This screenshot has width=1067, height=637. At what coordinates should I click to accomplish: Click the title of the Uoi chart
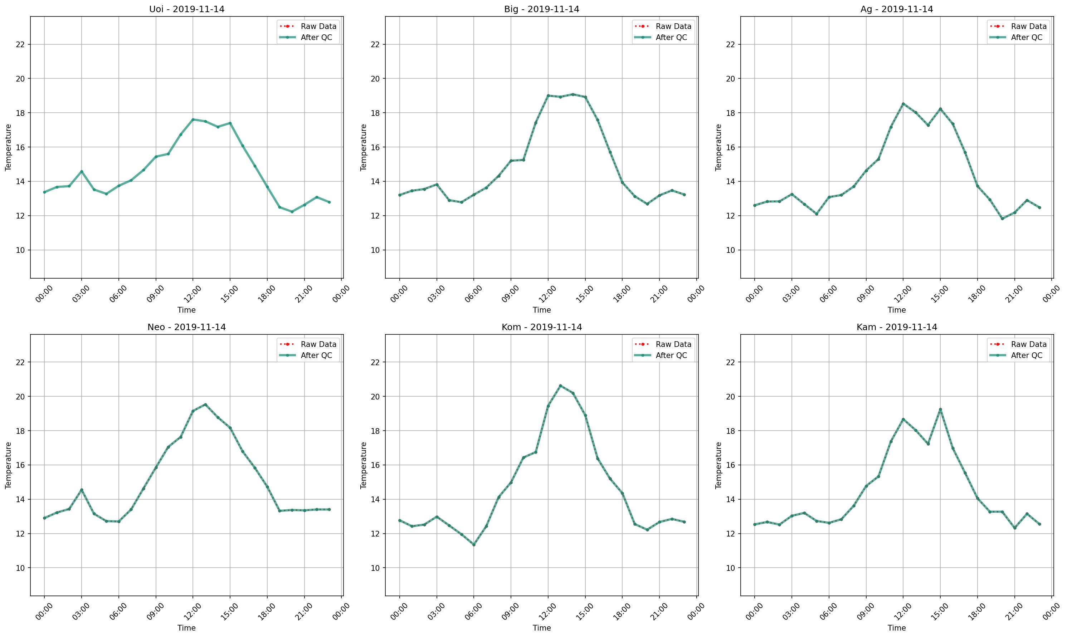186,9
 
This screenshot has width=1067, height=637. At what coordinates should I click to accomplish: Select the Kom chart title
541,327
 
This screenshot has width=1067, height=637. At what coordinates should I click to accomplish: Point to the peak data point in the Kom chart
560,386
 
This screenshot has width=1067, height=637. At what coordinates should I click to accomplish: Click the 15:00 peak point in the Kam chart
940,410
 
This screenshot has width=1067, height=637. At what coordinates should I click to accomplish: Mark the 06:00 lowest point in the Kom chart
474,545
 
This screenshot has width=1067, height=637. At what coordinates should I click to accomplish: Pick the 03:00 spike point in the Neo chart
82,490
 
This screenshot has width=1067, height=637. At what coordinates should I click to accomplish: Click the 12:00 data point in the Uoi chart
193,119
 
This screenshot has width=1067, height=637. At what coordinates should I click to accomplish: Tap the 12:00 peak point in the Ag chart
903,104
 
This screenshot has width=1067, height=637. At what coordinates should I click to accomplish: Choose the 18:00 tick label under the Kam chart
975,613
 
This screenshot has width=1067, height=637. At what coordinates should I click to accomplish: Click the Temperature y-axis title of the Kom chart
364,465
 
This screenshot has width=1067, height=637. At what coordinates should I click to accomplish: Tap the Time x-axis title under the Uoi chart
186,310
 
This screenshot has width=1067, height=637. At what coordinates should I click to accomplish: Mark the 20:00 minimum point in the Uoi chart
292,212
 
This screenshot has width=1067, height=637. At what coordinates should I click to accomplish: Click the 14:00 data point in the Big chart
573,94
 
